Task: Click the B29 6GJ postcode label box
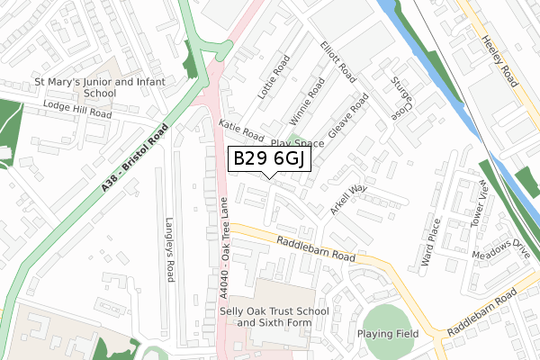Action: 271,159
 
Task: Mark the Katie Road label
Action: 241,131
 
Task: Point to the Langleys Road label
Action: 168,248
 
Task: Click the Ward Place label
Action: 430,242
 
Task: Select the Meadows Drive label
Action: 498,254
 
